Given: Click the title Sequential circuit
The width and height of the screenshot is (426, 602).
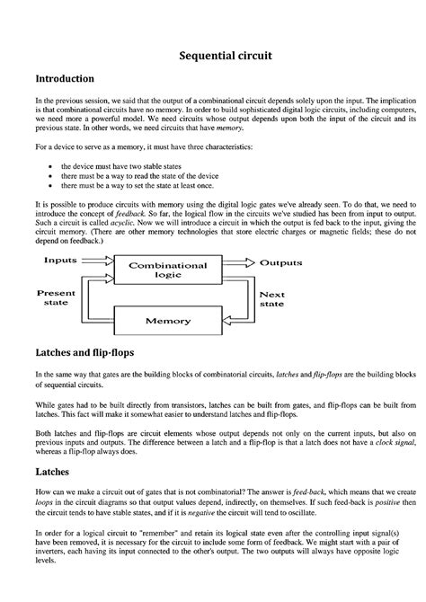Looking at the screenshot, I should pyautogui.click(x=212, y=56).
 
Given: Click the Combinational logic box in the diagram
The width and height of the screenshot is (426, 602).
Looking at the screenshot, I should pyautogui.click(x=167, y=270).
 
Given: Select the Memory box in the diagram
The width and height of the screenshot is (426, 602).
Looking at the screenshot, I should pyautogui.click(x=167, y=320).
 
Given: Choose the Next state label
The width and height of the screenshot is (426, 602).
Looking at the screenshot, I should pyautogui.click(x=271, y=299).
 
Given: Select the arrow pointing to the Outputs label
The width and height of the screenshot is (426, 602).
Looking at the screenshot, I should pyautogui.click(x=239, y=263).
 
